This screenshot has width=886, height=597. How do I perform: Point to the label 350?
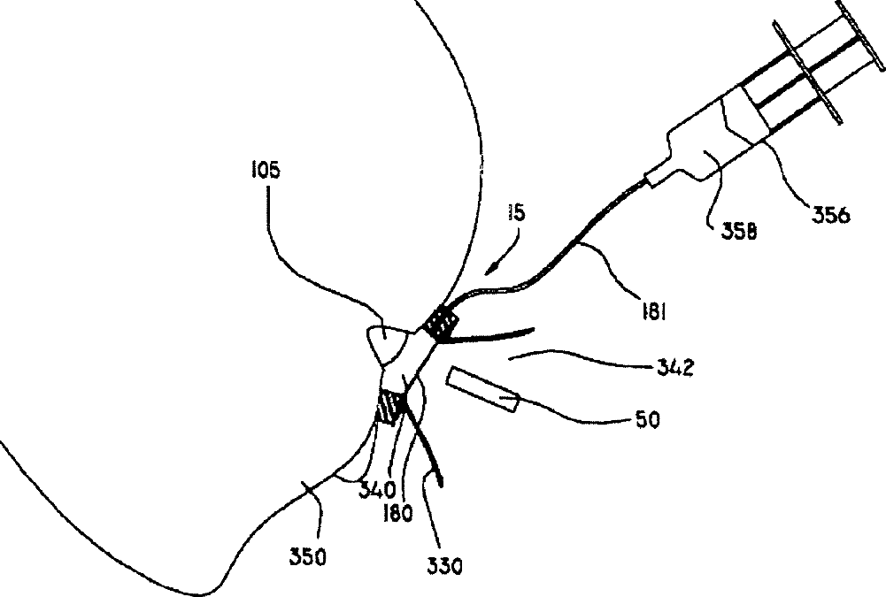[309, 556]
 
